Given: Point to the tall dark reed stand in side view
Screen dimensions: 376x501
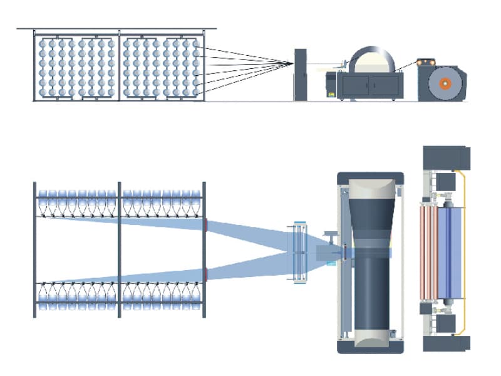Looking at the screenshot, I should point(300,74).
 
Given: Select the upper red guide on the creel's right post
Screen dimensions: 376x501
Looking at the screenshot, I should point(205,225).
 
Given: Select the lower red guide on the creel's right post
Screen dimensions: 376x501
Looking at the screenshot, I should point(205,274).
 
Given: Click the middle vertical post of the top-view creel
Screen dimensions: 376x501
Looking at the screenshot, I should point(119,249).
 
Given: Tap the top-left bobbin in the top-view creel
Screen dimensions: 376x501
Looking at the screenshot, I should point(43,195).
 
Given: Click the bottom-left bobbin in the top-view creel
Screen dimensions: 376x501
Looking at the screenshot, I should point(43,305).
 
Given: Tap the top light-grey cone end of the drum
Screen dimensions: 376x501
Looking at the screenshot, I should point(372,187).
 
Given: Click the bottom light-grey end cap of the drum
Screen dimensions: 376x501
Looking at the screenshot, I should point(372,339).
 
